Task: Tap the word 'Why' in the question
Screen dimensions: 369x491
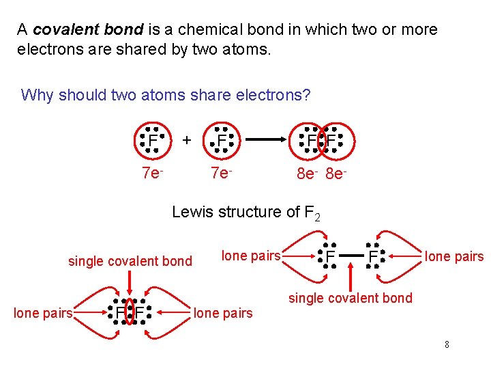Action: (37, 95)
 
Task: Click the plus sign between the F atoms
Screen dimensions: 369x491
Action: (186, 139)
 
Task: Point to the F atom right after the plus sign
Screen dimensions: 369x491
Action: (222, 141)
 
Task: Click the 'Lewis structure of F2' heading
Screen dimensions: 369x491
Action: (246, 213)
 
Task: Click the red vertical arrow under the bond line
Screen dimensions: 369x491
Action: (351, 277)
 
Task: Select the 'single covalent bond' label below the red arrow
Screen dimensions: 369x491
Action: (351, 298)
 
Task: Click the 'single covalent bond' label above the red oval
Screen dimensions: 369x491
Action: (130, 261)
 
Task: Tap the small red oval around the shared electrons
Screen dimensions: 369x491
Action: (130, 313)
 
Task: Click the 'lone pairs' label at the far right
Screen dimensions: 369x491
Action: (454, 257)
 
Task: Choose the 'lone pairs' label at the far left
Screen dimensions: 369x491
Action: (43, 314)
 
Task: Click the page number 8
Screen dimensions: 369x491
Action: (447, 344)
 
